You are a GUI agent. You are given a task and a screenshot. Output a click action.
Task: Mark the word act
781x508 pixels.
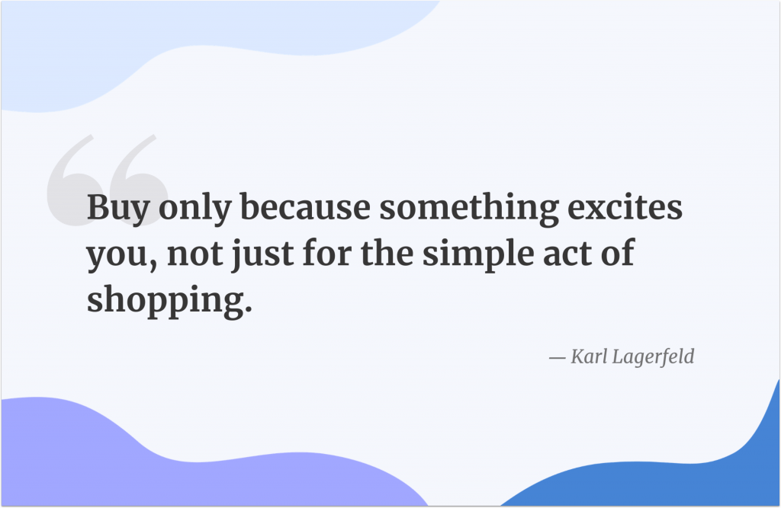click(564, 254)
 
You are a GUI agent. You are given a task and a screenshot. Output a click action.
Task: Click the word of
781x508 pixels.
click(619, 253)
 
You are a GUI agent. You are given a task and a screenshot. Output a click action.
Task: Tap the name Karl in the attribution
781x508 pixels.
click(588, 356)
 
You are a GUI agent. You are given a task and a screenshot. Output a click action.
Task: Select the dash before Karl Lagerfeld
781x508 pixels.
click(558, 357)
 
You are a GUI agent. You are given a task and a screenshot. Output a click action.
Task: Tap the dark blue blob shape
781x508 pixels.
click(686, 472)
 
